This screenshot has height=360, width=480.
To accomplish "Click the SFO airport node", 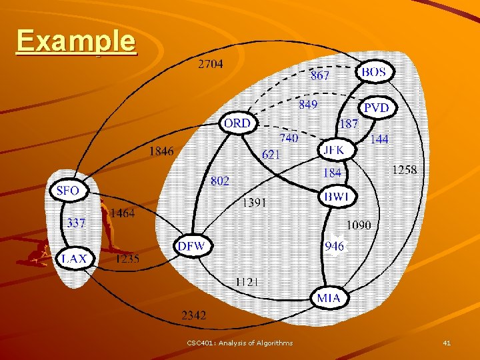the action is pyautogui.click(x=68, y=191).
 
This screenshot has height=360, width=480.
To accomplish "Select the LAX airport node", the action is pyautogui.click(x=74, y=259).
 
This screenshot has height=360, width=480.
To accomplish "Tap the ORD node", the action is pyautogui.click(x=237, y=123).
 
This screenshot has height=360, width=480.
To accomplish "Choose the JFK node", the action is pyautogui.click(x=333, y=150).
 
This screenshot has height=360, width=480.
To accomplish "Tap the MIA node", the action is pyautogui.click(x=329, y=297).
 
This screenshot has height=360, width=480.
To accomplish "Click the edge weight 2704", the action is pyautogui.click(x=211, y=65).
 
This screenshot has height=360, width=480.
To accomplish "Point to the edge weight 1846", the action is pyautogui.click(x=161, y=151).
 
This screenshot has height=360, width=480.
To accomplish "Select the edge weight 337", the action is pyautogui.click(x=75, y=223).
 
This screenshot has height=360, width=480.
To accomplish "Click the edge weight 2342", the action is pyautogui.click(x=193, y=314).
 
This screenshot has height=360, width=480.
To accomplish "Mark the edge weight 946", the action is pyautogui.click(x=335, y=247).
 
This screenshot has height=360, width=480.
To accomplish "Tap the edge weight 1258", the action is pyautogui.click(x=404, y=170).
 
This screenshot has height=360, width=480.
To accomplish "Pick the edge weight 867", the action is pyautogui.click(x=320, y=75).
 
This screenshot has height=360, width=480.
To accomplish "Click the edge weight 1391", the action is pyautogui.click(x=254, y=201).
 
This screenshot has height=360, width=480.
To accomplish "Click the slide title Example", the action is pyautogui.click(x=76, y=41).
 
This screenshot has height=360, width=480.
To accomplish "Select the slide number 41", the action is pyautogui.click(x=447, y=343).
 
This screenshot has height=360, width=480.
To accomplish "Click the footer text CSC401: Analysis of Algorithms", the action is pyautogui.click(x=240, y=343).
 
